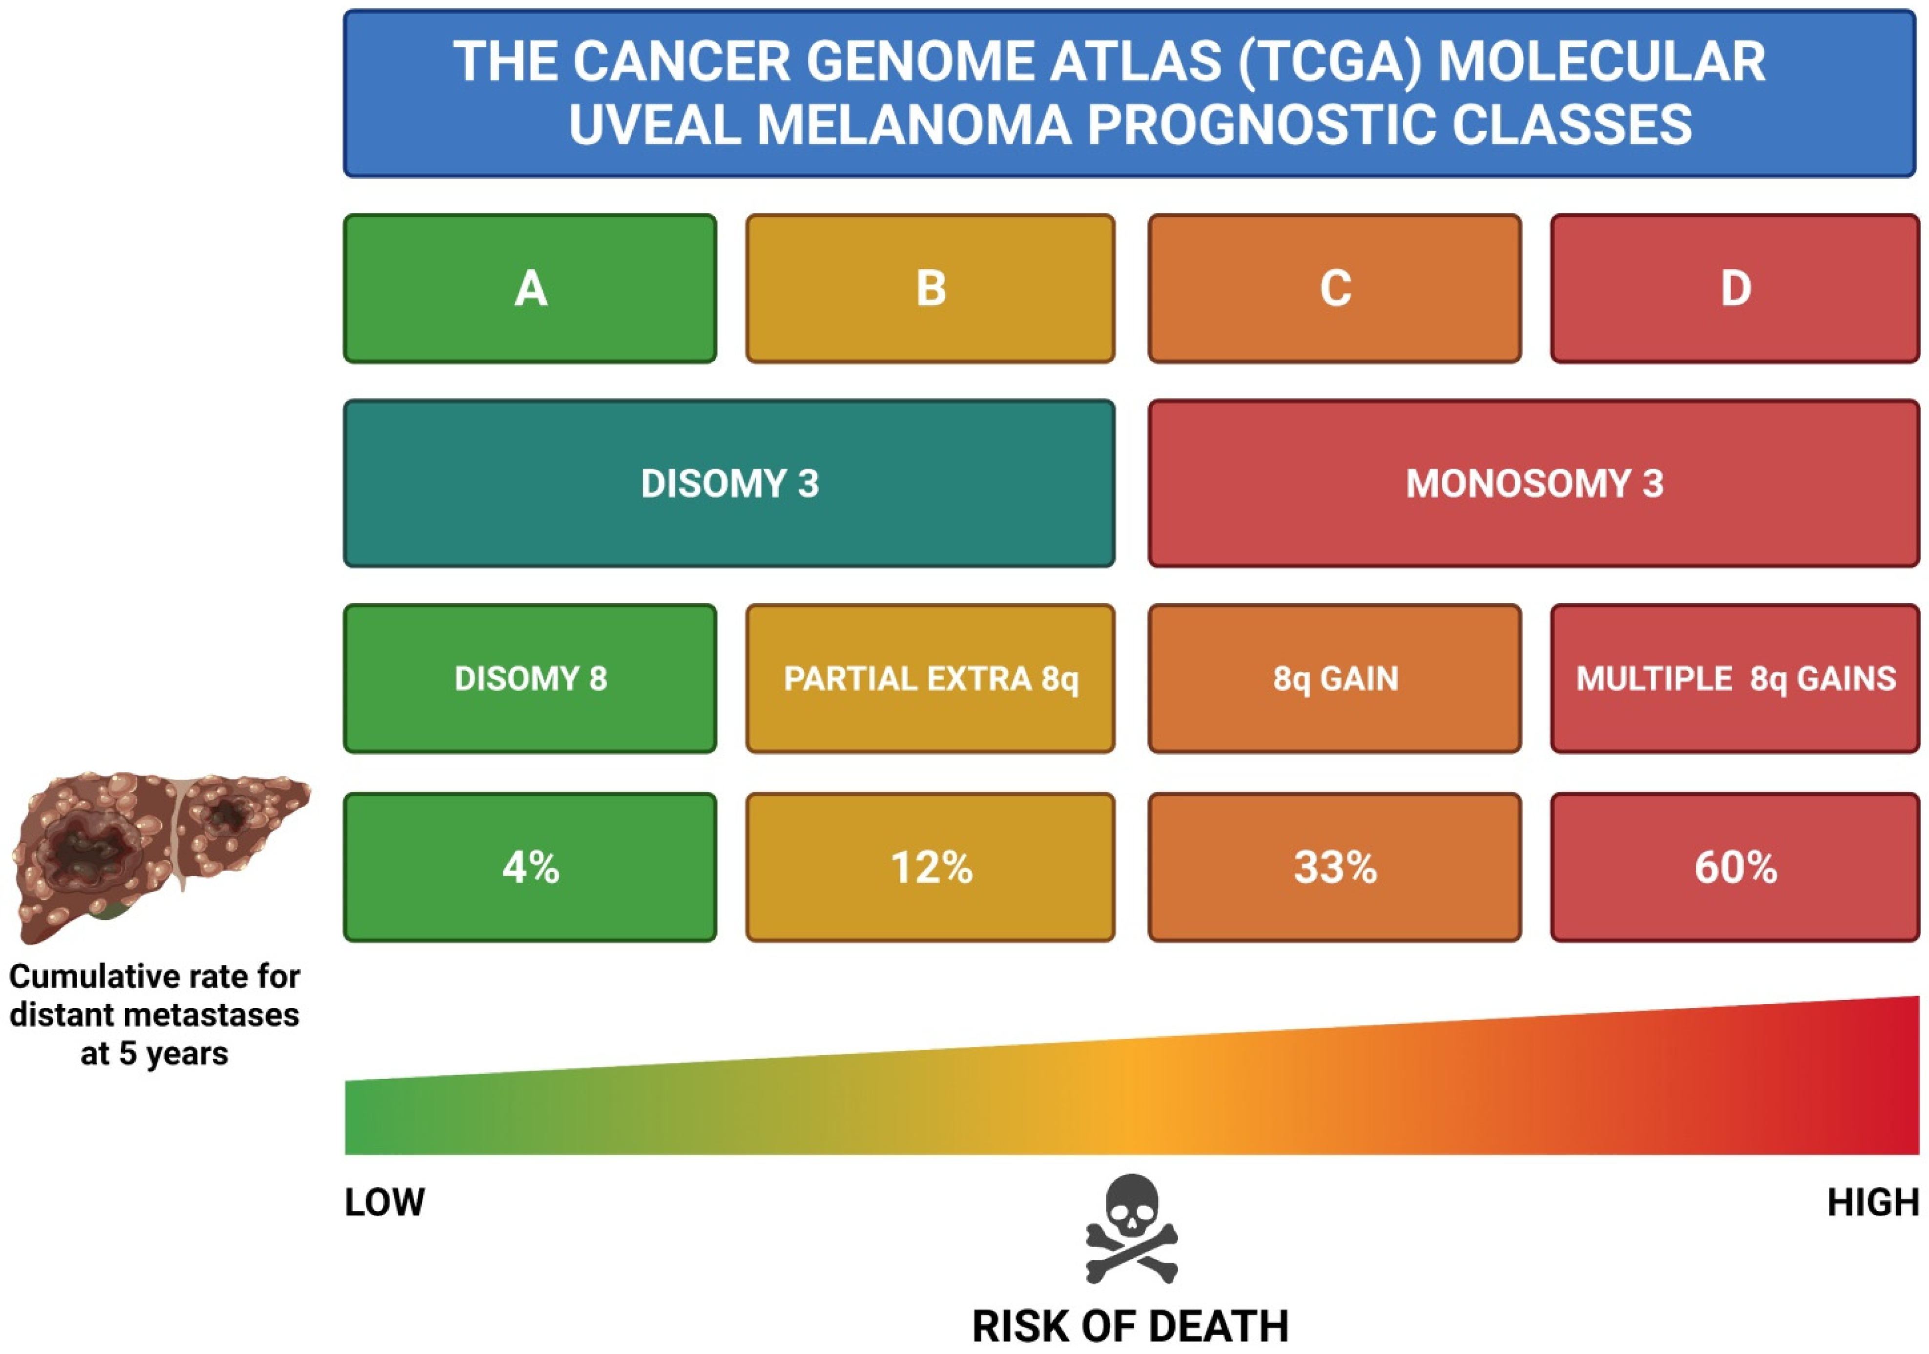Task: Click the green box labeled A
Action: coord(530,288)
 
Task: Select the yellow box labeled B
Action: coord(930,288)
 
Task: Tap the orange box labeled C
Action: coord(1334,288)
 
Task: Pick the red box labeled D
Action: coord(1735,288)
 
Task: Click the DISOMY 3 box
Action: coord(729,483)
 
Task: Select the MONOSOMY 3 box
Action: coord(1534,483)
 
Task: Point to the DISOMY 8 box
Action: coord(530,678)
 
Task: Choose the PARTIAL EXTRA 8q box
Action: coord(930,678)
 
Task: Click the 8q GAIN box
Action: coord(1334,678)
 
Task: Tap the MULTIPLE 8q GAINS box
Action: coord(1735,678)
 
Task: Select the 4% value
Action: coord(530,867)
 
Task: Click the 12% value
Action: coord(930,867)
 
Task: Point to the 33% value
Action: coord(1334,867)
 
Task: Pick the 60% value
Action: coord(1735,867)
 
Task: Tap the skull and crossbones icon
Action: coord(1131,1229)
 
